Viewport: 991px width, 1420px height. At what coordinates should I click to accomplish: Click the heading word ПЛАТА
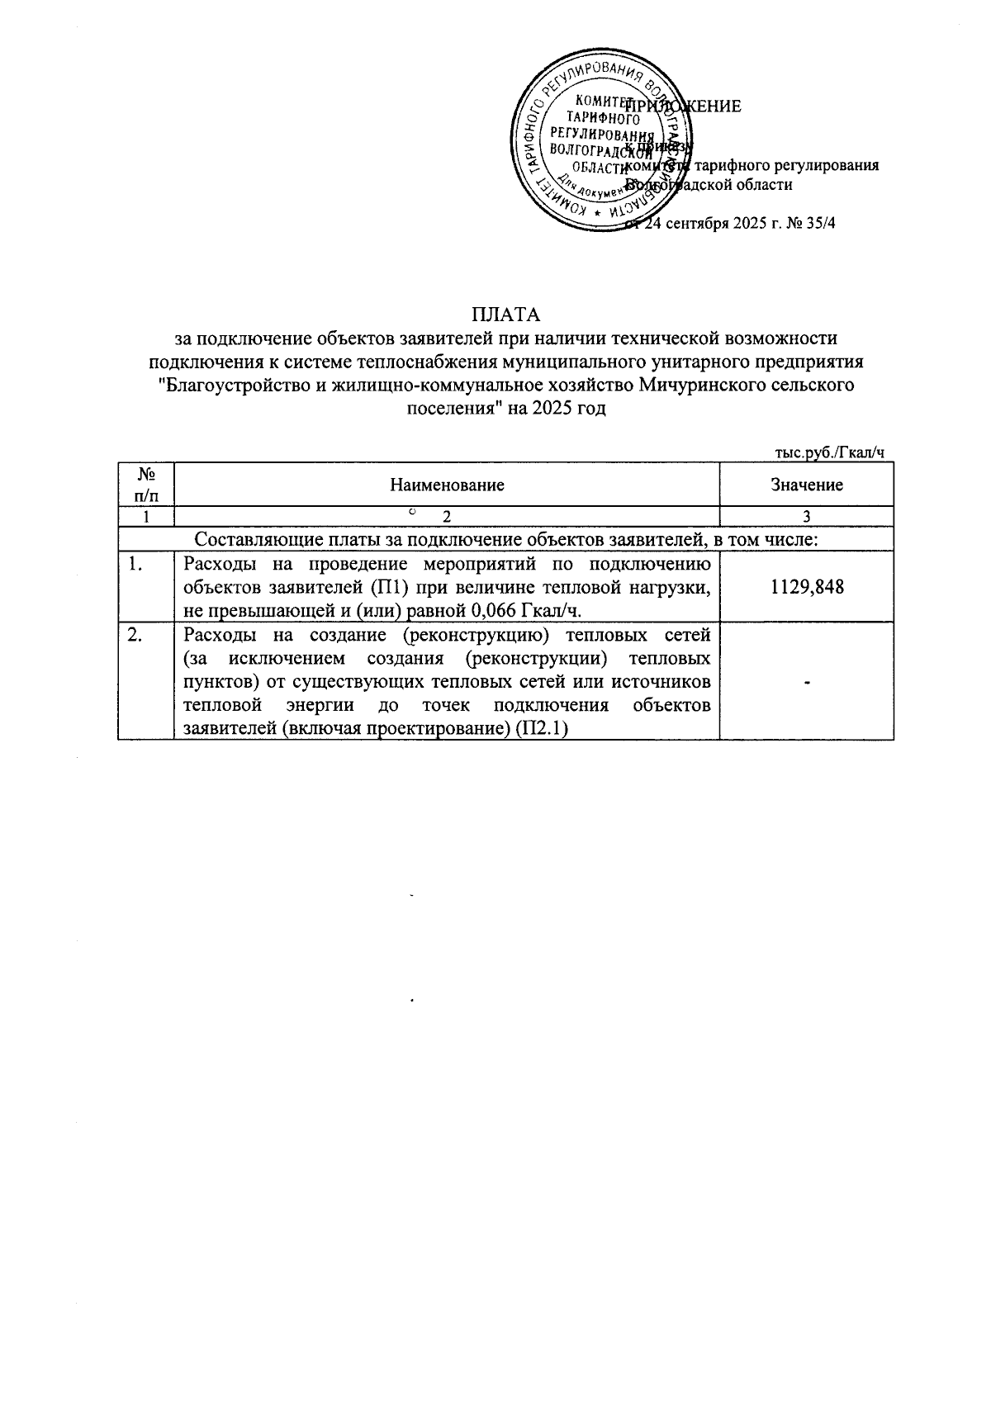505,315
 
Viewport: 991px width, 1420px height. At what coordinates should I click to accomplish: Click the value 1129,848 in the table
807,587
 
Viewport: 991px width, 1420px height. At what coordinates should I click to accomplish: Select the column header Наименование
447,485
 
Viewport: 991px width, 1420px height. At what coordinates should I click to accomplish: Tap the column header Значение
807,485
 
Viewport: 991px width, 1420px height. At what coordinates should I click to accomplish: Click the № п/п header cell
146,485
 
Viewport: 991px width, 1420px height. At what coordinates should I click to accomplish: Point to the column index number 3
807,517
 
